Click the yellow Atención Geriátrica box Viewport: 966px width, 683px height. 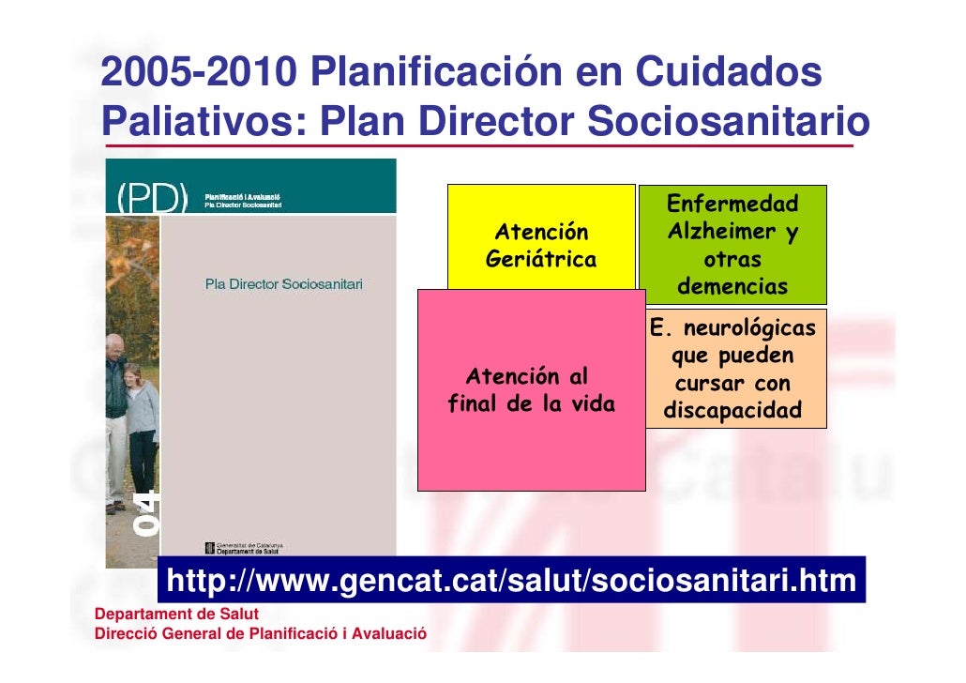point(541,235)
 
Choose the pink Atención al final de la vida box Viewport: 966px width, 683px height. point(531,390)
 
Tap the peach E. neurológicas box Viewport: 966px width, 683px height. point(732,369)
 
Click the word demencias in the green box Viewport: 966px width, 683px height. point(732,286)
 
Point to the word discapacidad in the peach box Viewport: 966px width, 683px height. point(732,411)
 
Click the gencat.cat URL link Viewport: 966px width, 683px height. point(511,582)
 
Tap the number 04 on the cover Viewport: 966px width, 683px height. point(147,512)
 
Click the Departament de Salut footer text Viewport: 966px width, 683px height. point(170,615)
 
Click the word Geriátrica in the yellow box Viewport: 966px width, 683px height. point(541,260)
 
